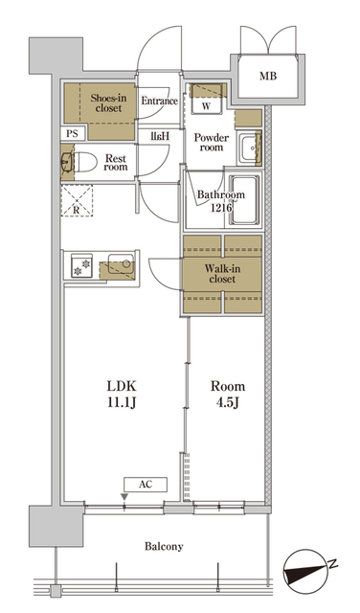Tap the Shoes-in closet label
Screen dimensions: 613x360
tap(107, 102)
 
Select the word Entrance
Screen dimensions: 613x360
tap(160, 101)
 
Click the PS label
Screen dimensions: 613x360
tap(73, 134)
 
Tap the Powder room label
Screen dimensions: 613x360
tap(210, 143)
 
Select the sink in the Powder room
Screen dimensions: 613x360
tap(250, 148)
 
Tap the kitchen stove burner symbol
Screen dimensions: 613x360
tap(79, 264)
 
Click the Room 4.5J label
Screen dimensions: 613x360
tap(227, 394)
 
